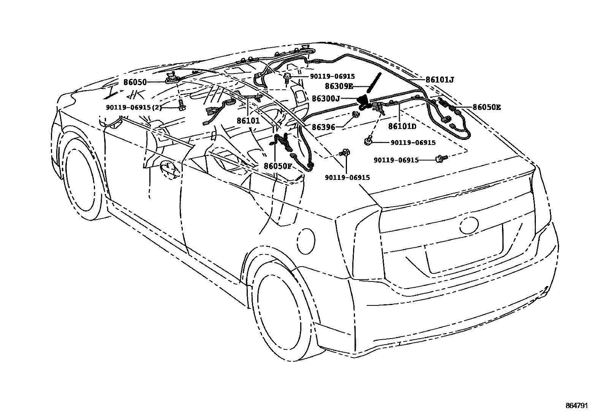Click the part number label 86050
[x=135, y=82]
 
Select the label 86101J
[x=440, y=80]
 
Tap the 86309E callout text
[x=339, y=87]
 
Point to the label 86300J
[x=326, y=99]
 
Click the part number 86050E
[x=486, y=108]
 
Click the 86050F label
[x=277, y=166]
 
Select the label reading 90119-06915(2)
[x=134, y=108]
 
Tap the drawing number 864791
[x=576, y=406]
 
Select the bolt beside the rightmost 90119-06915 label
[x=441, y=157]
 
